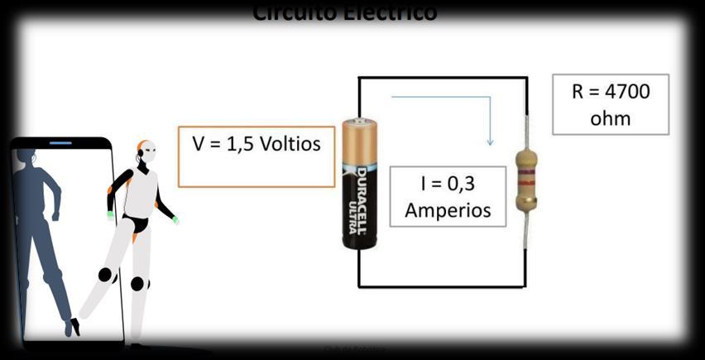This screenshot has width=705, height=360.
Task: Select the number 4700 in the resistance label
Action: (x=622, y=91)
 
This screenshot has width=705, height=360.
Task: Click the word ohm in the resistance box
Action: (x=611, y=118)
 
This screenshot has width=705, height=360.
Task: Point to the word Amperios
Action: (x=447, y=209)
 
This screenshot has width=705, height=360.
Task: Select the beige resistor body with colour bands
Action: (x=525, y=179)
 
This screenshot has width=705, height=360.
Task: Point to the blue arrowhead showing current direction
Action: (x=490, y=142)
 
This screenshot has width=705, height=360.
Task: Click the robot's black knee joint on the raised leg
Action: (x=105, y=275)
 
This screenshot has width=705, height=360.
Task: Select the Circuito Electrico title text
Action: (x=344, y=12)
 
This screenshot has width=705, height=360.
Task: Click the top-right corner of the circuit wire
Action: (x=526, y=78)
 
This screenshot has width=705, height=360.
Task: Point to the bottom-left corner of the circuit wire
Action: (x=359, y=286)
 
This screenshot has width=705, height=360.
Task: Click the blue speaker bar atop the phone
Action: (x=60, y=143)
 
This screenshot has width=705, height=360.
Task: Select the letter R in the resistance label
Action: (x=578, y=91)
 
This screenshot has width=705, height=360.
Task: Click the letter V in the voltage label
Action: (x=199, y=144)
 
